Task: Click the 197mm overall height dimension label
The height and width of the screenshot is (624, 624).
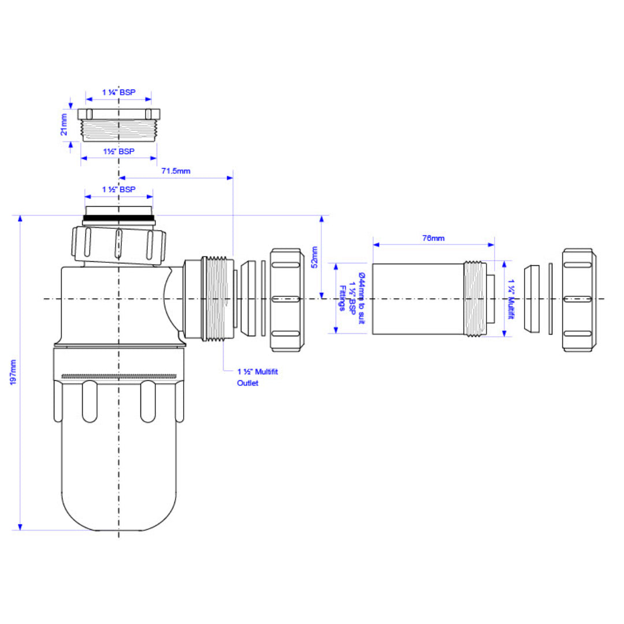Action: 13,372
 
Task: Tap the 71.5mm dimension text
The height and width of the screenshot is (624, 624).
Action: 176,171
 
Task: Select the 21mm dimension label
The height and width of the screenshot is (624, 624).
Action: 64,125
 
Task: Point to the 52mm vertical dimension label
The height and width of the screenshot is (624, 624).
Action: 314,257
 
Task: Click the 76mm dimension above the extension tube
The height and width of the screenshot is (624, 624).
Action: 433,239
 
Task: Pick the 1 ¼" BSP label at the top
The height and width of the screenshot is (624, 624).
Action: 118,92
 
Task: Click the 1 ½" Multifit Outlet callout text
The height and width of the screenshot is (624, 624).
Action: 258,377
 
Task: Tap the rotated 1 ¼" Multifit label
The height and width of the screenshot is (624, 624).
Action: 511,299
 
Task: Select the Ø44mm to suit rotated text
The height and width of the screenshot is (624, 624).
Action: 361,299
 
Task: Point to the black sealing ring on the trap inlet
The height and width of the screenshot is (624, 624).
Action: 118,218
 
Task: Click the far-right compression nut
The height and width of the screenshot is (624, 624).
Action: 579,300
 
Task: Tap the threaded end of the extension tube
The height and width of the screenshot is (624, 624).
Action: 475,299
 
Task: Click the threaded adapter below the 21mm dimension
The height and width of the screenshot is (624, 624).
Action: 118,125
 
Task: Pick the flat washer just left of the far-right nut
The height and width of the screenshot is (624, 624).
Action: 551,299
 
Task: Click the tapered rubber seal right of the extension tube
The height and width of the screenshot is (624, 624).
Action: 532,299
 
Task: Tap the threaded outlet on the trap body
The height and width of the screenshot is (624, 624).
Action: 218,299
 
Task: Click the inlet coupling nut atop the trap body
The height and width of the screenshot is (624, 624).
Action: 118,245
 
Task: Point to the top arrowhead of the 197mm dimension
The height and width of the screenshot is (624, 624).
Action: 20,218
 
